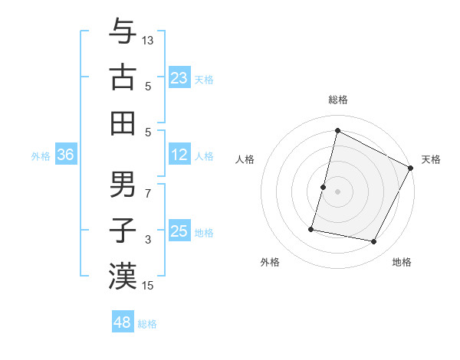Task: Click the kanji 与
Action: pos(123,33)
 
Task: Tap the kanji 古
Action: pos(123,77)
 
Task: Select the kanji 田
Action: pos(123,123)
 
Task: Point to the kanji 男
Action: pos(123,185)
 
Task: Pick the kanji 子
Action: pos(123,230)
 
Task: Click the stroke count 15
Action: pos(149,286)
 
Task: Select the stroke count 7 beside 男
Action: pos(149,194)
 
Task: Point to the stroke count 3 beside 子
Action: pos(149,240)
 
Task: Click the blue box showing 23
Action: pos(179,78)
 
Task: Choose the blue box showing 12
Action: pos(179,155)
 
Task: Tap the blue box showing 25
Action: pos(179,232)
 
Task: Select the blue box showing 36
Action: pos(66,155)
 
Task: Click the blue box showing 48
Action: pos(123,322)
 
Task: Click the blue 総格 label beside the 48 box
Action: pos(148,324)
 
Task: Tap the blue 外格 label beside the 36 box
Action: pos(41,156)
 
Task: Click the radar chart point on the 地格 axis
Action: pos(374,242)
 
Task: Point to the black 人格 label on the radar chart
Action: pos(245,160)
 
